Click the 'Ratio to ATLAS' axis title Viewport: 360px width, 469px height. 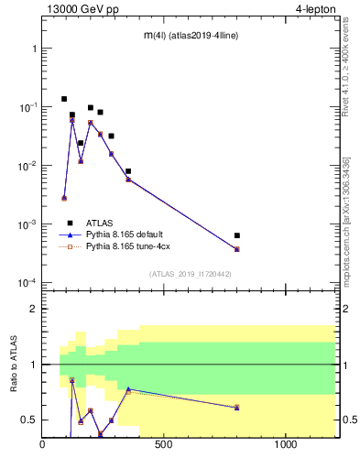[14, 363]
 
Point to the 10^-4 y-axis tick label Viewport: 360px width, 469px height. [27, 282]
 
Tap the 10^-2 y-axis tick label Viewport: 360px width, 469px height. [27, 165]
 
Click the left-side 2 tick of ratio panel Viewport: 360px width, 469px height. [34, 309]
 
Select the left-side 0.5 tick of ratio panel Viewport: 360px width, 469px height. [29, 420]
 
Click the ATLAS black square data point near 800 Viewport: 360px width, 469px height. [236, 235]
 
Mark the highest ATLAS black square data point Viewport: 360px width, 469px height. [64, 99]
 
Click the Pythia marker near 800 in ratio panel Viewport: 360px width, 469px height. [236, 407]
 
